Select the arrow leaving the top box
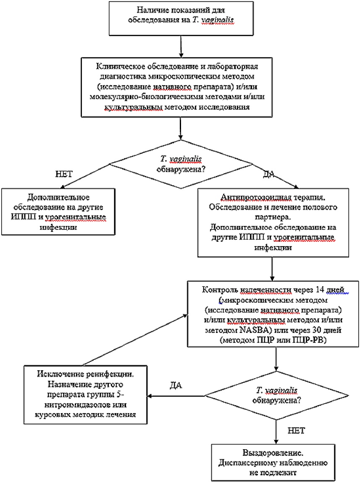pos(180,45)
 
